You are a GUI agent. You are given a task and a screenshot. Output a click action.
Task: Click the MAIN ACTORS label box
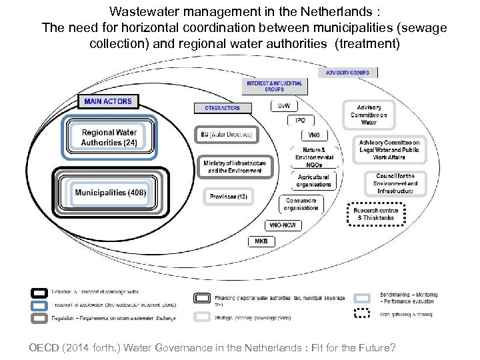tap(109, 102)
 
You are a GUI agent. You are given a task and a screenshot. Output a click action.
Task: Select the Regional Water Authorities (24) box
tap(109, 137)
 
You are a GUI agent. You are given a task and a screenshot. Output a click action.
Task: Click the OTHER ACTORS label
tap(223, 107)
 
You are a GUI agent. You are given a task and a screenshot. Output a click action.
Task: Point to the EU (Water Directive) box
tap(227, 134)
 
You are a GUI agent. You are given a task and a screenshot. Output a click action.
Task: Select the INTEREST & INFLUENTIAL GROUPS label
tap(274, 87)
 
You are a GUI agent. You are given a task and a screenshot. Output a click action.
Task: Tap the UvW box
tap(284, 107)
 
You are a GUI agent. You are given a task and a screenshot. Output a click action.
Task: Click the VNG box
tap(313, 135)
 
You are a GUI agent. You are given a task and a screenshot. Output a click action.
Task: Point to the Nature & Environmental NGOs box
tap(314, 157)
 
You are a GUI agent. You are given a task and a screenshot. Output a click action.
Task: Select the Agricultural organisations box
tap(314, 181)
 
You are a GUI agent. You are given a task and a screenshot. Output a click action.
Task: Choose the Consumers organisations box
tap(301, 204)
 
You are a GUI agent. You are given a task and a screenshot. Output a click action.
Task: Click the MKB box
tap(261, 241)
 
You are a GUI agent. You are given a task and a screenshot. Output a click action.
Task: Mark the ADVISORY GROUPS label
tap(347, 73)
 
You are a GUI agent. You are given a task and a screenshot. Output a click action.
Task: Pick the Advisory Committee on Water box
tap(369, 114)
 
